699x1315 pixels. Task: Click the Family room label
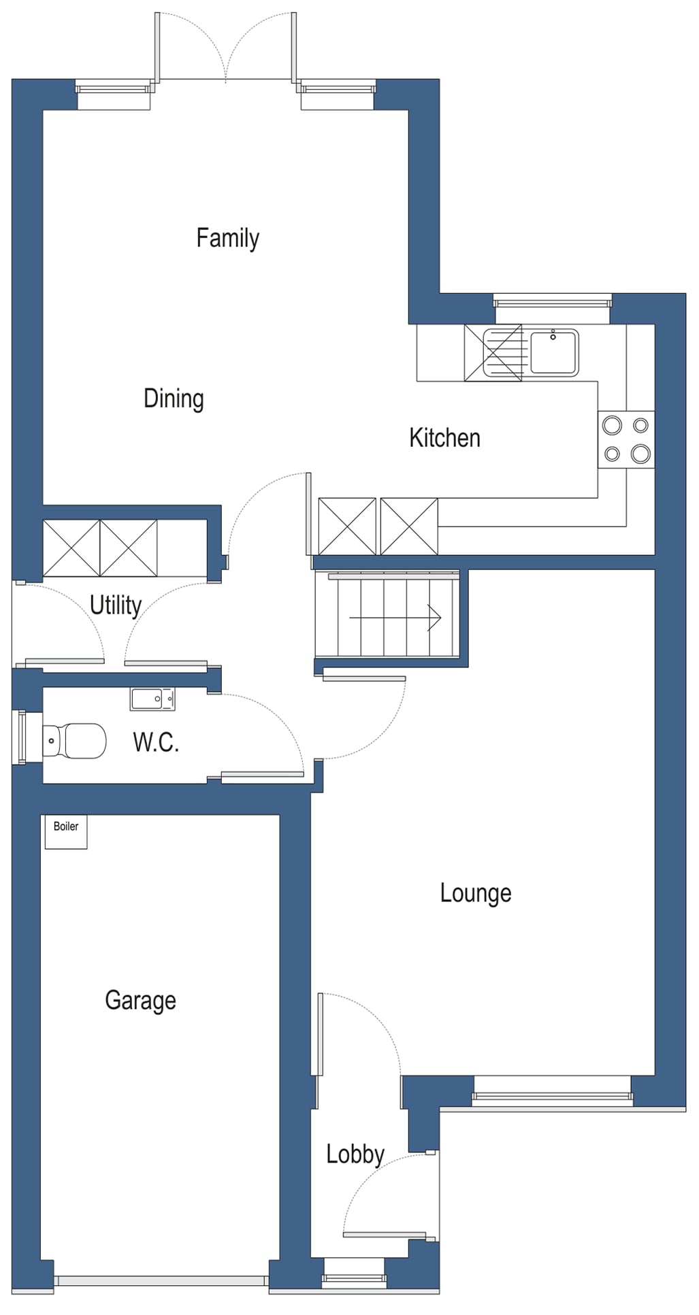227,238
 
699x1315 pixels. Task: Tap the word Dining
174,399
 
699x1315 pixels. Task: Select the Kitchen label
444,438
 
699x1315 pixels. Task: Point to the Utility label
116,605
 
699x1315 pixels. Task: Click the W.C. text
156,742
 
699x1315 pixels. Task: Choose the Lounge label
475,893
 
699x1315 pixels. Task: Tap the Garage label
140,1000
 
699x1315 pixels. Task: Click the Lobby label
355,1154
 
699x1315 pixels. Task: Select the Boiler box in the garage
66,831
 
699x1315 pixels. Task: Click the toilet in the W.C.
75,741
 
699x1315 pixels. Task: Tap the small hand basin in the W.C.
152,699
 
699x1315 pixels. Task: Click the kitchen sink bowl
553,352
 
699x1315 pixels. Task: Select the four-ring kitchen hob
626,439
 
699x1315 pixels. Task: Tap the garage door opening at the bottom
161,1280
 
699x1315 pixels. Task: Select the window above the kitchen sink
552,300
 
